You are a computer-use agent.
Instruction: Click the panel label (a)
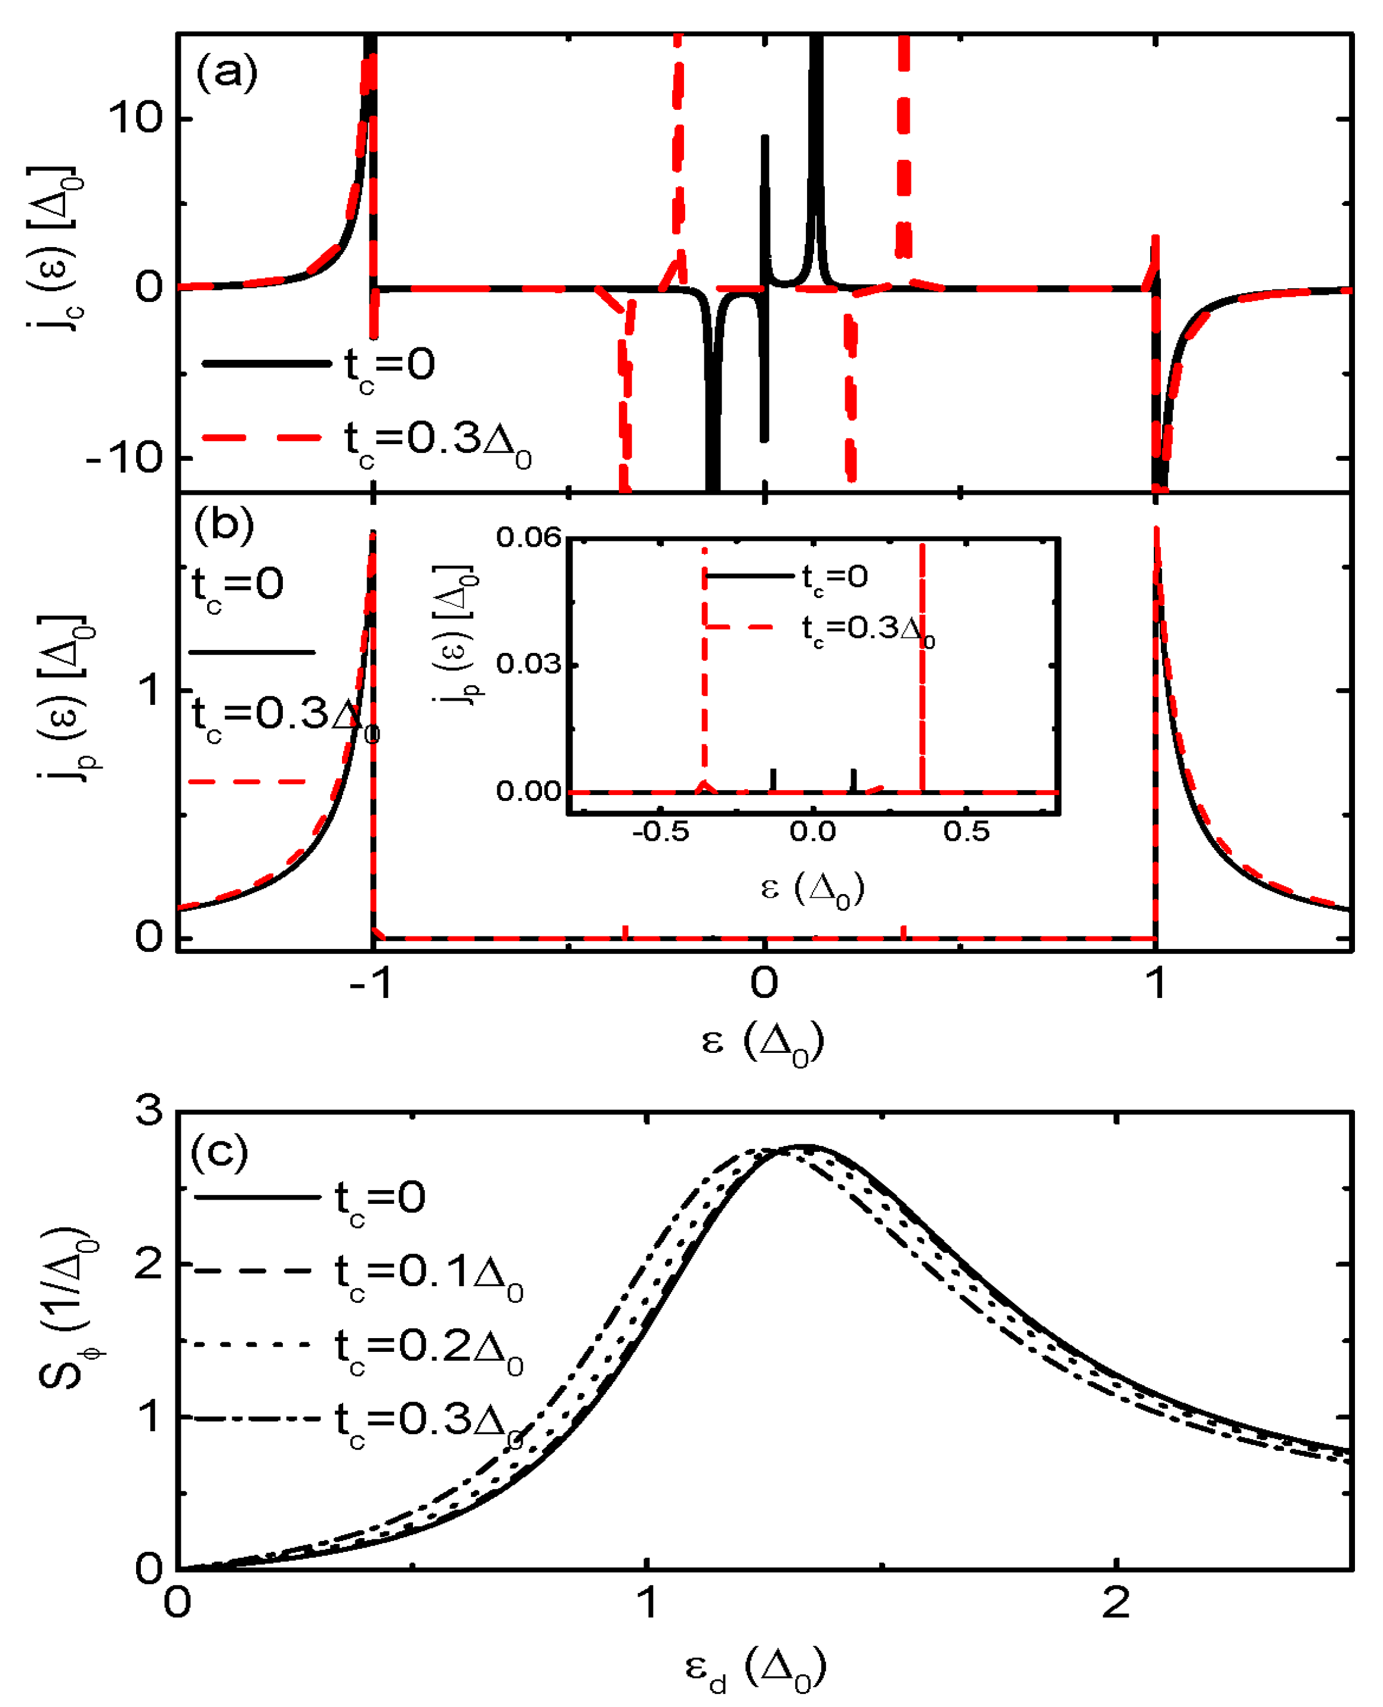coord(226,73)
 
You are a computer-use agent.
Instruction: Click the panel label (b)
coord(224,525)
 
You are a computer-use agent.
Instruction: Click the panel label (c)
coord(219,1152)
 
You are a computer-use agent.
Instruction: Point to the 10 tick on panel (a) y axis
coord(135,118)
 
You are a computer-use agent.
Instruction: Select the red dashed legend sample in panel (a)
coord(262,436)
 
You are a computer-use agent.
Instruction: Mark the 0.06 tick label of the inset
coord(528,537)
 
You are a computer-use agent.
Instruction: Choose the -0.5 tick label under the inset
coord(660,831)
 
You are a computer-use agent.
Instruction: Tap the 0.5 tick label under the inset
coord(966,831)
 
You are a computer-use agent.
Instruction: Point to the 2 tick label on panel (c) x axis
coord(1116,1602)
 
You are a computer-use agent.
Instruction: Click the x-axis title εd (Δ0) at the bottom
coord(754,1669)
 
